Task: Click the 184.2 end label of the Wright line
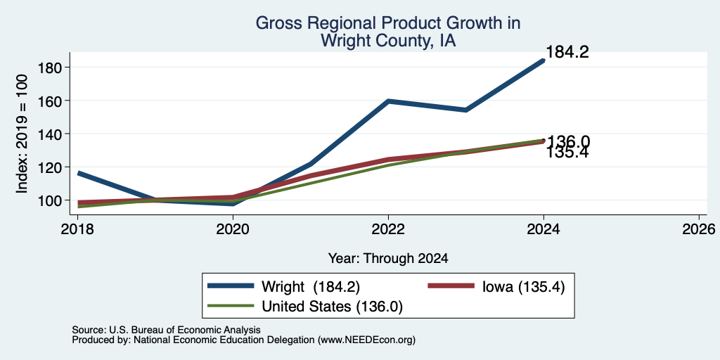567,52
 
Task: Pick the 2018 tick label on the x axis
77,229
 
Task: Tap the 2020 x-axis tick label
233,229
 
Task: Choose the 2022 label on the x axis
388,229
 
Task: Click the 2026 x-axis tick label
699,229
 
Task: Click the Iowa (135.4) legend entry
496,286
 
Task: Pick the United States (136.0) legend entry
305,306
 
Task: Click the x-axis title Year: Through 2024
388,259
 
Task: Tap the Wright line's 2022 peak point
388,101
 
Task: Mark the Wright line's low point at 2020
233,203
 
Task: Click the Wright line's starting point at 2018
79,173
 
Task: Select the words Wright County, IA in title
388,40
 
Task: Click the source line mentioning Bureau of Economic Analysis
166,330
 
